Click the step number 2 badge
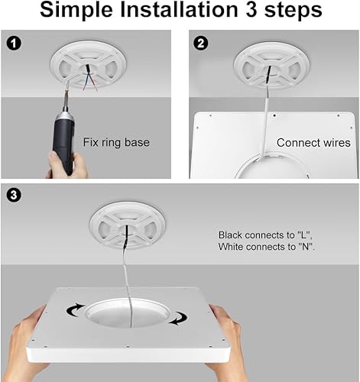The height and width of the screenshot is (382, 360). click(199, 44)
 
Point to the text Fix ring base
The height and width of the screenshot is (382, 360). click(117, 142)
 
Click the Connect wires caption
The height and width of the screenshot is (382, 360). click(313, 142)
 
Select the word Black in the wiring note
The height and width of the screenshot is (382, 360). click(233, 235)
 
